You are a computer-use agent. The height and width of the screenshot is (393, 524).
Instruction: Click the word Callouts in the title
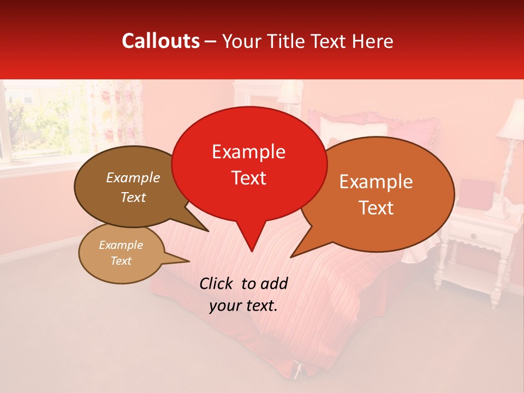click(160, 41)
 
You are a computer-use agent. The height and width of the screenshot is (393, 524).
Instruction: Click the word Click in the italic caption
click(217, 283)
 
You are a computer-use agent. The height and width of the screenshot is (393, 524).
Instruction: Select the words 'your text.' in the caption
click(243, 306)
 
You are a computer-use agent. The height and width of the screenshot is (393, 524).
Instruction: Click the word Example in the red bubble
click(248, 152)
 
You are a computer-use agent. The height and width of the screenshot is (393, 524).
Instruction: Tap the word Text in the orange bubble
click(377, 208)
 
